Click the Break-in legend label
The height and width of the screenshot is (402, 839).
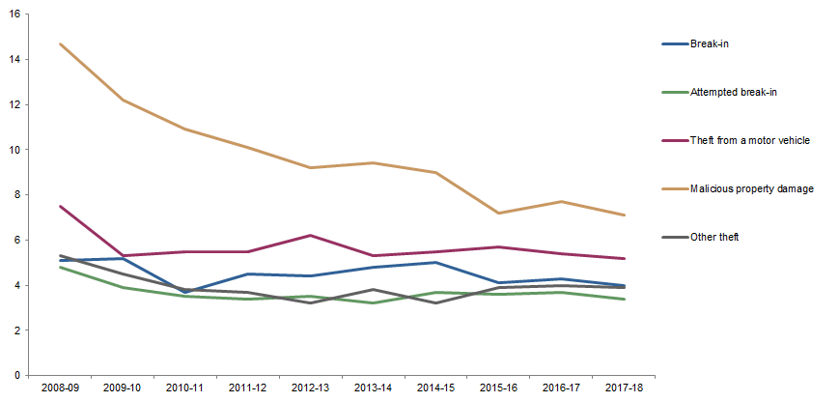point(709,44)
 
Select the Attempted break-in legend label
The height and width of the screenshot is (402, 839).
point(735,92)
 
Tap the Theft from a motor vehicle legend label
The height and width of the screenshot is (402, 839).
point(749,140)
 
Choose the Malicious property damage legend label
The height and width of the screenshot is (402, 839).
point(752,188)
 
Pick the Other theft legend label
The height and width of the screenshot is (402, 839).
point(715,237)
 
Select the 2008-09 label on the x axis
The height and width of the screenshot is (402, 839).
point(60,388)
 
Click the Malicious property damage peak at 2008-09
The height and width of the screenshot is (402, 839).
point(60,43)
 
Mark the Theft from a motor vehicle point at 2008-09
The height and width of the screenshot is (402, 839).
point(60,206)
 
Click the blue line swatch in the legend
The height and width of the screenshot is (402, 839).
point(673,44)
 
